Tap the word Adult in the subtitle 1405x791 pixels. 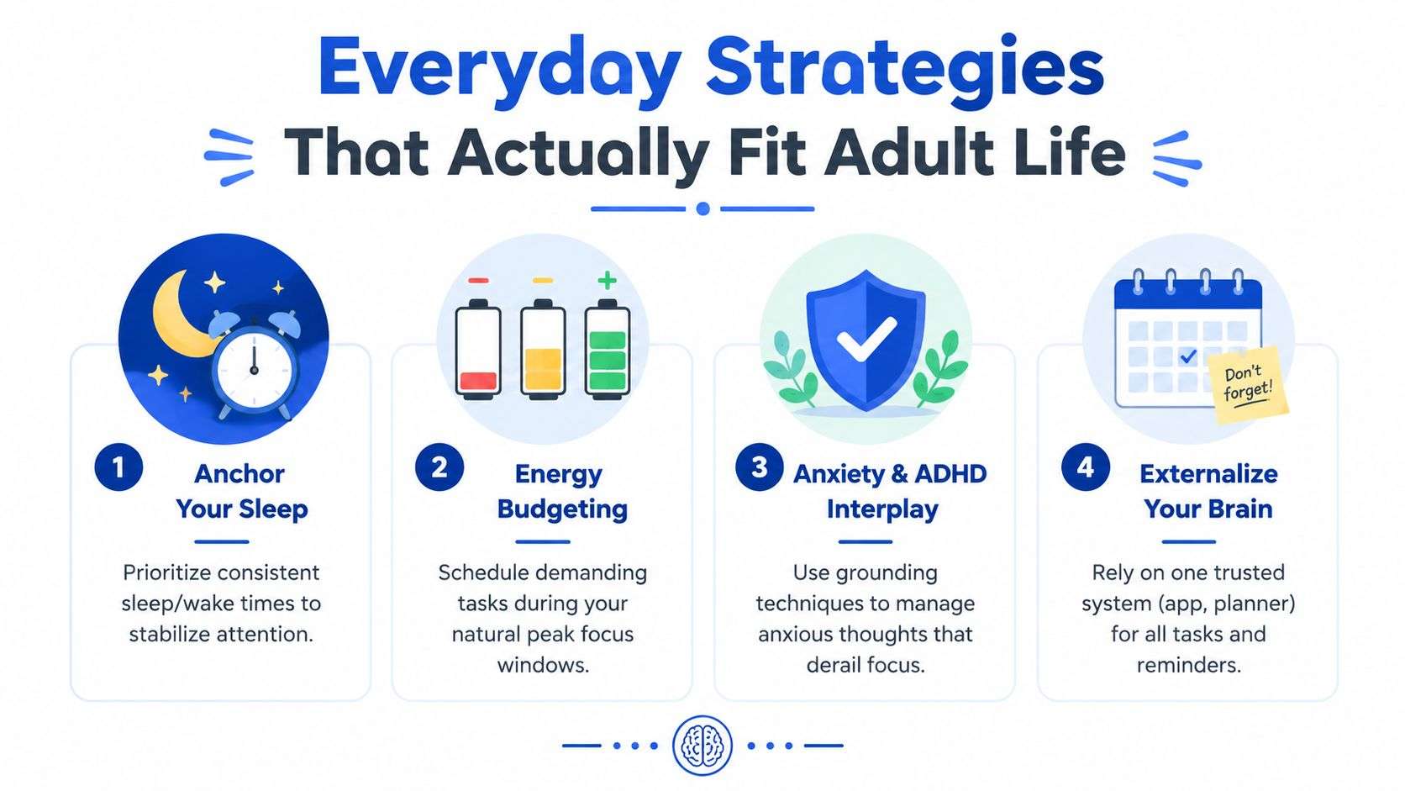pyautogui.click(x=909, y=153)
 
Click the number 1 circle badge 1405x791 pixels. pyautogui.click(x=118, y=467)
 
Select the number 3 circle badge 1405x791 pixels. pyautogui.click(x=760, y=467)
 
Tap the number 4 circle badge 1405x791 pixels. pyautogui.click(x=1086, y=467)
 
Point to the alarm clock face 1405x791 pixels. pyautogui.click(x=254, y=369)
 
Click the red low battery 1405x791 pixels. pyautogui.click(x=478, y=350)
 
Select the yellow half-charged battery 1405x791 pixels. pyautogui.click(x=543, y=350)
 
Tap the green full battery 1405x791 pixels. pyautogui.click(x=608, y=350)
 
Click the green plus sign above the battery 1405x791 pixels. pyautogui.click(x=607, y=281)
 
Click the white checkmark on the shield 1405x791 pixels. pyautogui.click(x=866, y=339)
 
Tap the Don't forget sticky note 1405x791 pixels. pyautogui.click(x=1247, y=384)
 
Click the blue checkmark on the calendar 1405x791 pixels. pyautogui.click(x=1188, y=357)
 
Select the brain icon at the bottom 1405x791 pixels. pyautogui.click(x=702, y=746)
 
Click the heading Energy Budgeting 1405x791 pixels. pyautogui.click(x=562, y=491)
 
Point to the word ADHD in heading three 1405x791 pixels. pyautogui.click(x=951, y=473)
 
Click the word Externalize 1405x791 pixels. pyautogui.click(x=1208, y=473)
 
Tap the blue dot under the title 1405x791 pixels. pyautogui.click(x=703, y=208)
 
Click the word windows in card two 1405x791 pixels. pyautogui.click(x=543, y=665)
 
